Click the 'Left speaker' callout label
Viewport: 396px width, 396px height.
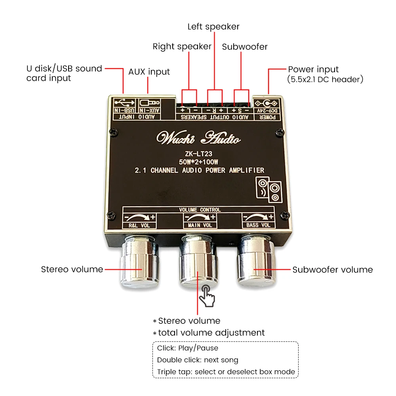point(213,27)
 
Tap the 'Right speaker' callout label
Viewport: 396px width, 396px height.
point(182,47)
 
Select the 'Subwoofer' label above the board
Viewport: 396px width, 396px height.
point(245,47)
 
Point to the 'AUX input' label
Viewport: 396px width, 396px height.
point(149,72)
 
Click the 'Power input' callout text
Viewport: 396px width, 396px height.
point(313,69)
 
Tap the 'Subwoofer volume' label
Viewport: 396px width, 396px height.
point(333,270)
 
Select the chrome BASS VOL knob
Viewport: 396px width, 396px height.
point(254,262)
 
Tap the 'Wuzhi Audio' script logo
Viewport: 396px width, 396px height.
point(198,138)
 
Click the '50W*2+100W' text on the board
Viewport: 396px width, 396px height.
point(199,162)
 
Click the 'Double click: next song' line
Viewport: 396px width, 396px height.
point(198,360)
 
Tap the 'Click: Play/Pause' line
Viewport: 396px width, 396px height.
point(188,348)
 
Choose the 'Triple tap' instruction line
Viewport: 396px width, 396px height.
point(226,372)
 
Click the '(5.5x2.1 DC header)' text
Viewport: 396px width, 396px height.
point(325,79)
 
